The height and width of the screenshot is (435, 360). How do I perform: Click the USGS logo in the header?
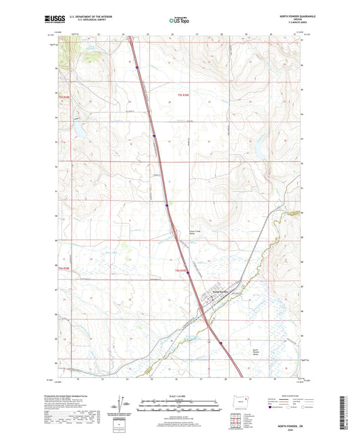pos(52,20)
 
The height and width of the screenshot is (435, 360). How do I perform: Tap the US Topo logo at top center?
pos(179,21)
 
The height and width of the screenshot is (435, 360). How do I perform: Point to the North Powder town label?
pos(222,291)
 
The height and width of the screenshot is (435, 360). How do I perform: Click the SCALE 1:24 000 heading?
pos(179,395)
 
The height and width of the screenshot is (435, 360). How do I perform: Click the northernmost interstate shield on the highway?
pos(136,67)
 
